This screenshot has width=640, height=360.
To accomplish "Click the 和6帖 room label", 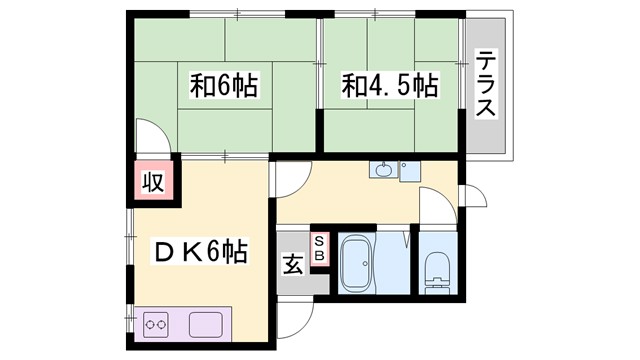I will [224, 87].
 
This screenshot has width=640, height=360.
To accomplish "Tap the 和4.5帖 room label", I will [390, 87].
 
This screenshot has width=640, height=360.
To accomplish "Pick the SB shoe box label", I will [319, 249].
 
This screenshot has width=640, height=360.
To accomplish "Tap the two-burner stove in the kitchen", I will [156, 325].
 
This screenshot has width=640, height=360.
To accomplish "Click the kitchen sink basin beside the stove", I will [207, 325].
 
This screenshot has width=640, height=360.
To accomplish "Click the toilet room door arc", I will [436, 211].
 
